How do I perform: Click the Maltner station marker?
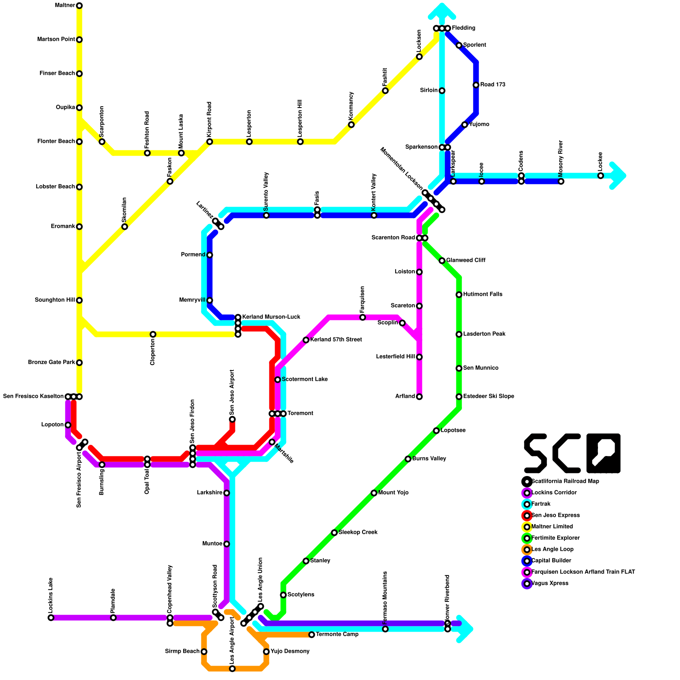click(x=79, y=6)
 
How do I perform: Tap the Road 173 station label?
click(x=493, y=85)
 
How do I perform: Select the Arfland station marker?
click(x=419, y=397)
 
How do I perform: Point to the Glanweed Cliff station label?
click(x=466, y=260)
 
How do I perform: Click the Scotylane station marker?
click(x=283, y=595)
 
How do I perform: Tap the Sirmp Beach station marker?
click(x=204, y=652)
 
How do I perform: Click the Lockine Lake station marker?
click(x=51, y=618)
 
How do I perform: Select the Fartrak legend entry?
click(x=541, y=504)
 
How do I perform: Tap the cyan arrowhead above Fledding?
click(x=442, y=11)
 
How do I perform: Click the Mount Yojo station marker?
click(x=374, y=493)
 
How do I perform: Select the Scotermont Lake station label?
click(x=305, y=379)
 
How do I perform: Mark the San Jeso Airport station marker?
click(x=232, y=419)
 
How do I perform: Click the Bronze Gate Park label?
click(x=51, y=363)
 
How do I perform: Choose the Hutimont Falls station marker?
click(x=459, y=295)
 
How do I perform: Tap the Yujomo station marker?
click(x=465, y=125)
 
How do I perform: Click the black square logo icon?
click(x=603, y=453)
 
